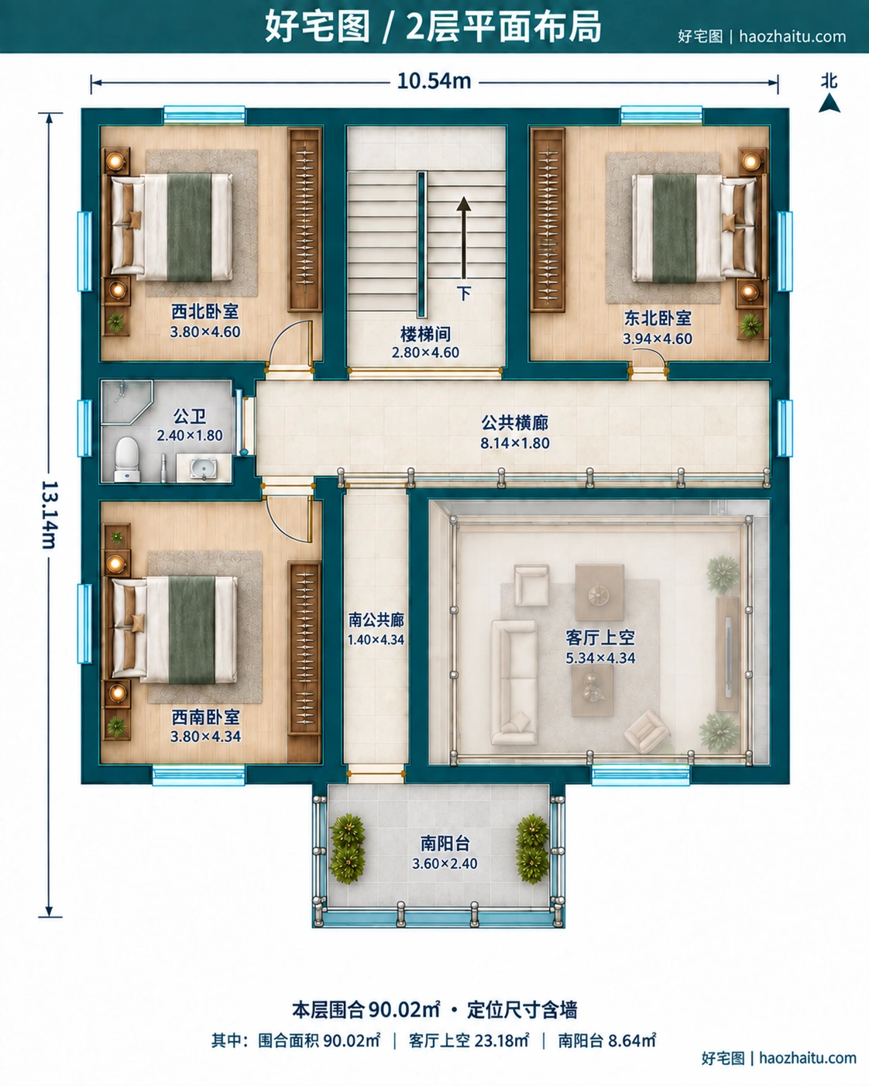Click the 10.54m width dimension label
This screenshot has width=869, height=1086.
coord(434,81)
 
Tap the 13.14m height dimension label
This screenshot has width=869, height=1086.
coord(50,514)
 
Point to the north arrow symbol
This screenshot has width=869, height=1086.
coord(829,103)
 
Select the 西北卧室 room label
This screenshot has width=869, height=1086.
coord(205,311)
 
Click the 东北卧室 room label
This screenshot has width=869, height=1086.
coord(658,318)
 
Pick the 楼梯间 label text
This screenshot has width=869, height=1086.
coord(425,334)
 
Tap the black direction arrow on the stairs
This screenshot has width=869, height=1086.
coord(463,238)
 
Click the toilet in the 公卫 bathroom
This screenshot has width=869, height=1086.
coord(126,459)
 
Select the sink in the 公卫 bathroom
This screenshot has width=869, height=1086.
coord(204,468)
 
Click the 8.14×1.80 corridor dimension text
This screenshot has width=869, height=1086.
coord(515,443)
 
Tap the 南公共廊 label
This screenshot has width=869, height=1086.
coord(376,620)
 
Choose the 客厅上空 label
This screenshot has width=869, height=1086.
coord(599,638)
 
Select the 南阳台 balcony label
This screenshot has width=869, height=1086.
coord(445,844)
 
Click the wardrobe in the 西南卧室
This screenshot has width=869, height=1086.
coord(305,649)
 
